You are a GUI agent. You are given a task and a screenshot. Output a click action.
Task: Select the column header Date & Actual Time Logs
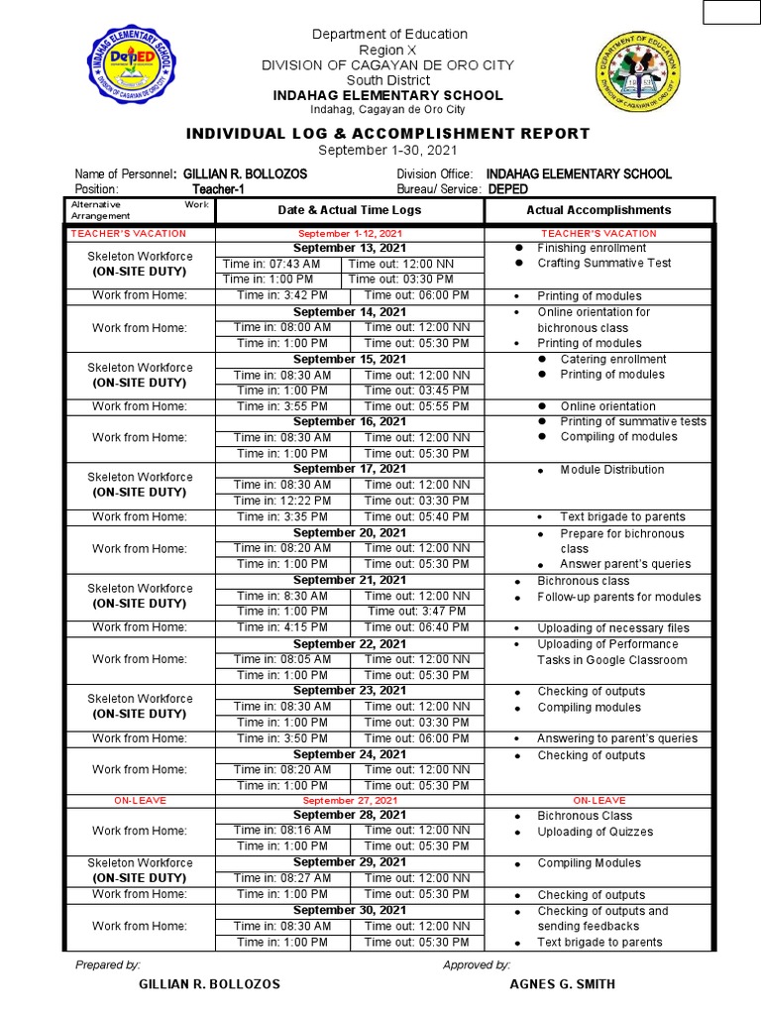pos(349,210)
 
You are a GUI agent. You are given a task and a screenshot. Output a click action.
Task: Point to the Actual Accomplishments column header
pos(598,210)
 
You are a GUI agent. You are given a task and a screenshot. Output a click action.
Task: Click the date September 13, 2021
pos(350,248)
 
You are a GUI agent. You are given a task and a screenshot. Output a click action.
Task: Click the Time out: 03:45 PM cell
pos(416,391)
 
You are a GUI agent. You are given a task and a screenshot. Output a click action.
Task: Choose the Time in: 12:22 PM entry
pos(282,501)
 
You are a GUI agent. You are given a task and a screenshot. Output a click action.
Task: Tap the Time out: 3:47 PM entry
pos(416,612)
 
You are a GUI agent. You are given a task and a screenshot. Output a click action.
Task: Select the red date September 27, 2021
pos(350,800)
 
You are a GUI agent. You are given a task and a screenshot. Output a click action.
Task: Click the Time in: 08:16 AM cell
pos(282,831)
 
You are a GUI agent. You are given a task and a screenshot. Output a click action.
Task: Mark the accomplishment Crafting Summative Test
pos(603,263)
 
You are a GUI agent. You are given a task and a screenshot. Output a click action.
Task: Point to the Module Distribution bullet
pos(611,470)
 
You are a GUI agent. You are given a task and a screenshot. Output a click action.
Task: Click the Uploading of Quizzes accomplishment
pos(595,832)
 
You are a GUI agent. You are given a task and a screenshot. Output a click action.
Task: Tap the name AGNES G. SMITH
pos(562,984)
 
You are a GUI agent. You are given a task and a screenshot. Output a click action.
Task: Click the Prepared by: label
pos(108,964)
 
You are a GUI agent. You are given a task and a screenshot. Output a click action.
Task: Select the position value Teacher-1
pos(218,189)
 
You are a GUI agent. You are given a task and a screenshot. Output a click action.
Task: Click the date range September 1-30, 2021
pos(388,150)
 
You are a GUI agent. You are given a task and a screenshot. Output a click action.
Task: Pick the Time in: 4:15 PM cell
pos(282,627)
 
